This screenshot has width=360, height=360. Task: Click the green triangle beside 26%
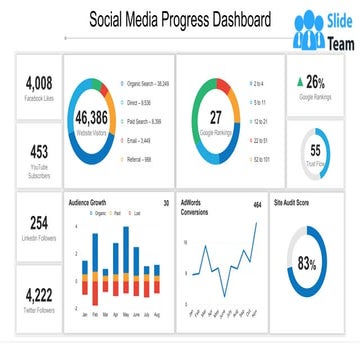click(x=301, y=80)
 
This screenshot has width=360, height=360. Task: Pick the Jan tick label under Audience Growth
click(x=80, y=315)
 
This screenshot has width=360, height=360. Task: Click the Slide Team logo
click(x=322, y=32)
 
